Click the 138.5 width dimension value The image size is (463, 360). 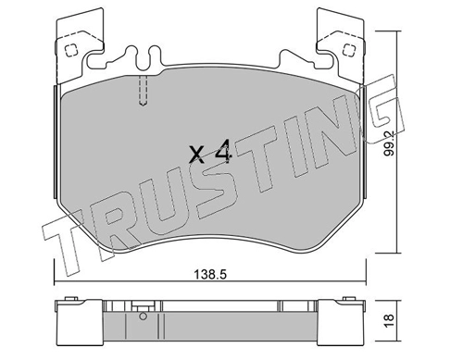coord(210,274)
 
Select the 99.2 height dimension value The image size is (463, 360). coord(390,143)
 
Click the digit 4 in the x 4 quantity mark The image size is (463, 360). coord(223,151)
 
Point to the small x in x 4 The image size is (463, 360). coord(196,155)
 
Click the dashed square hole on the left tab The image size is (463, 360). coord(70,50)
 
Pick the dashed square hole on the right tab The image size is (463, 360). coord(348,49)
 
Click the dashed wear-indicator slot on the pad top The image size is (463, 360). coord(143,91)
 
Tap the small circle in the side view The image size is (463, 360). coord(143,317)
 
